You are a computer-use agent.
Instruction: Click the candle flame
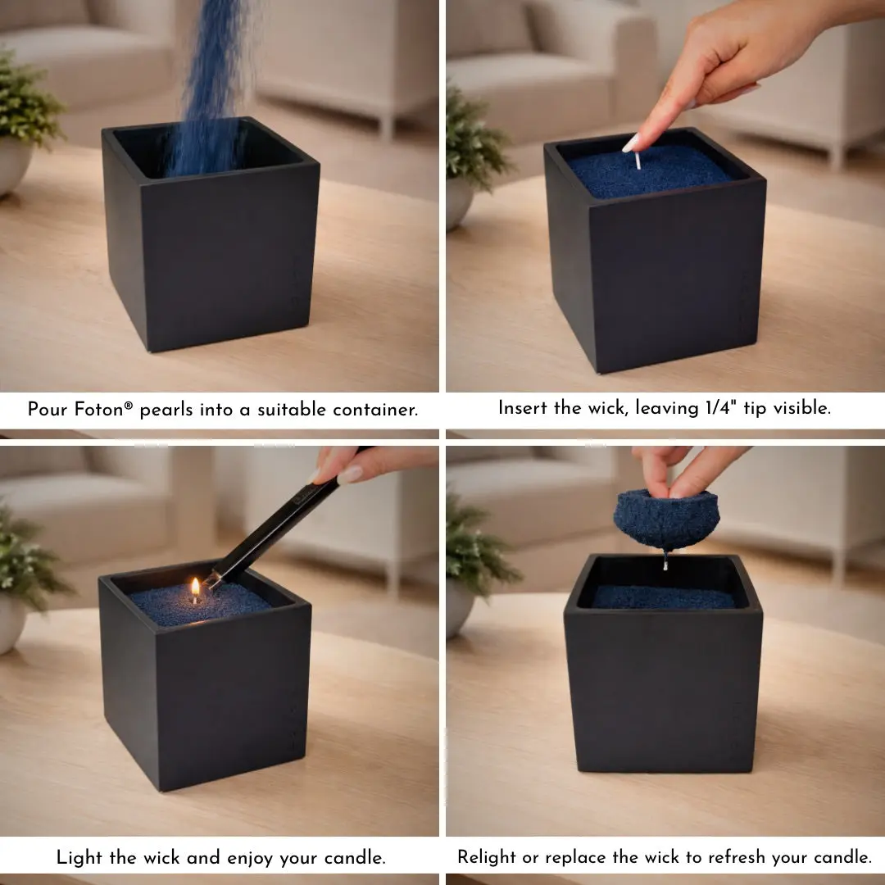(x=195, y=588)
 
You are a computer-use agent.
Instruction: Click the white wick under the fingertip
(x=638, y=161)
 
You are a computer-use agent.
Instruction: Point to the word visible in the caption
(x=801, y=408)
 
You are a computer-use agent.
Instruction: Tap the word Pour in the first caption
(x=48, y=409)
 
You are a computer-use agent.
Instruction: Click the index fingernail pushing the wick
(x=630, y=143)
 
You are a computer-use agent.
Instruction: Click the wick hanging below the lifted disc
(x=666, y=561)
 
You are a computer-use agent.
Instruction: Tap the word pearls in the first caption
(x=166, y=411)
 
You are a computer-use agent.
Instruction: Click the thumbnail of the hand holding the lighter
(x=350, y=474)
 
